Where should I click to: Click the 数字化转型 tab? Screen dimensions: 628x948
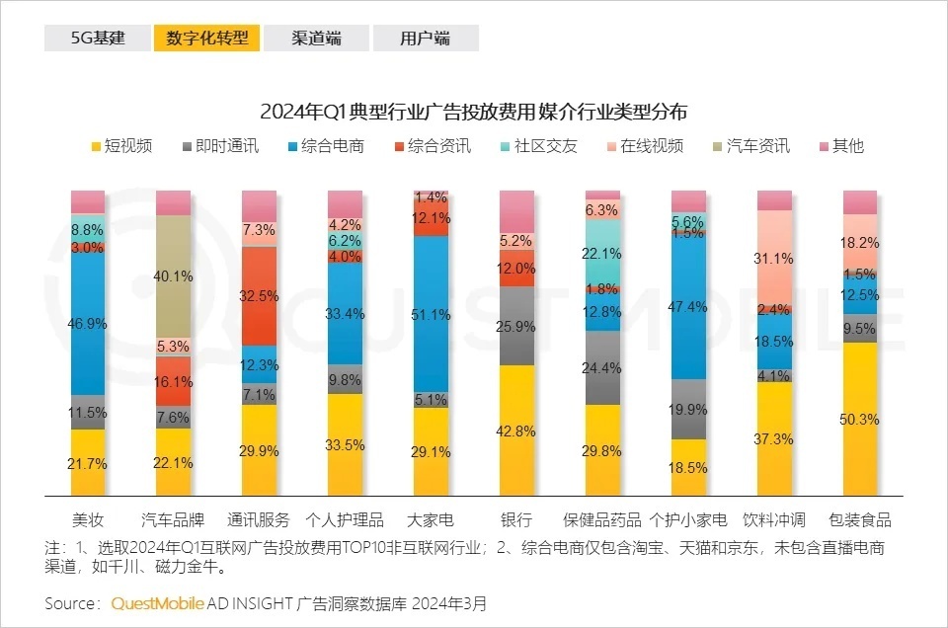[206, 39]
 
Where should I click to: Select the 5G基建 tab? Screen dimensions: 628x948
[98, 39]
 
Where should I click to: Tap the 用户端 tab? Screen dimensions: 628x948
[425, 39]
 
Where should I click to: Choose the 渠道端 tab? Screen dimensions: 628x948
[316, 39]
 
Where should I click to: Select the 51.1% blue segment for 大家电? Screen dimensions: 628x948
[432, 315]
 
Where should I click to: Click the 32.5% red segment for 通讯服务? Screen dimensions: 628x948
[260, 294]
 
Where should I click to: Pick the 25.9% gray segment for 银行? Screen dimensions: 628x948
[517, 325]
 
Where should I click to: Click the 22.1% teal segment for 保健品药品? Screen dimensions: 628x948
[603, 253]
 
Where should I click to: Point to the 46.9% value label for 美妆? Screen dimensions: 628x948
[88, 323]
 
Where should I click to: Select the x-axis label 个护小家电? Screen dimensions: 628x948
[688, 519]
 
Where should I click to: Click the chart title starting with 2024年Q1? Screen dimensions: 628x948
[473, 111]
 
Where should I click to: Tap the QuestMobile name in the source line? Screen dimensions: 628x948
[158, 602]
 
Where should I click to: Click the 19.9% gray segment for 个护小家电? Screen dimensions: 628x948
[689, 409]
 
